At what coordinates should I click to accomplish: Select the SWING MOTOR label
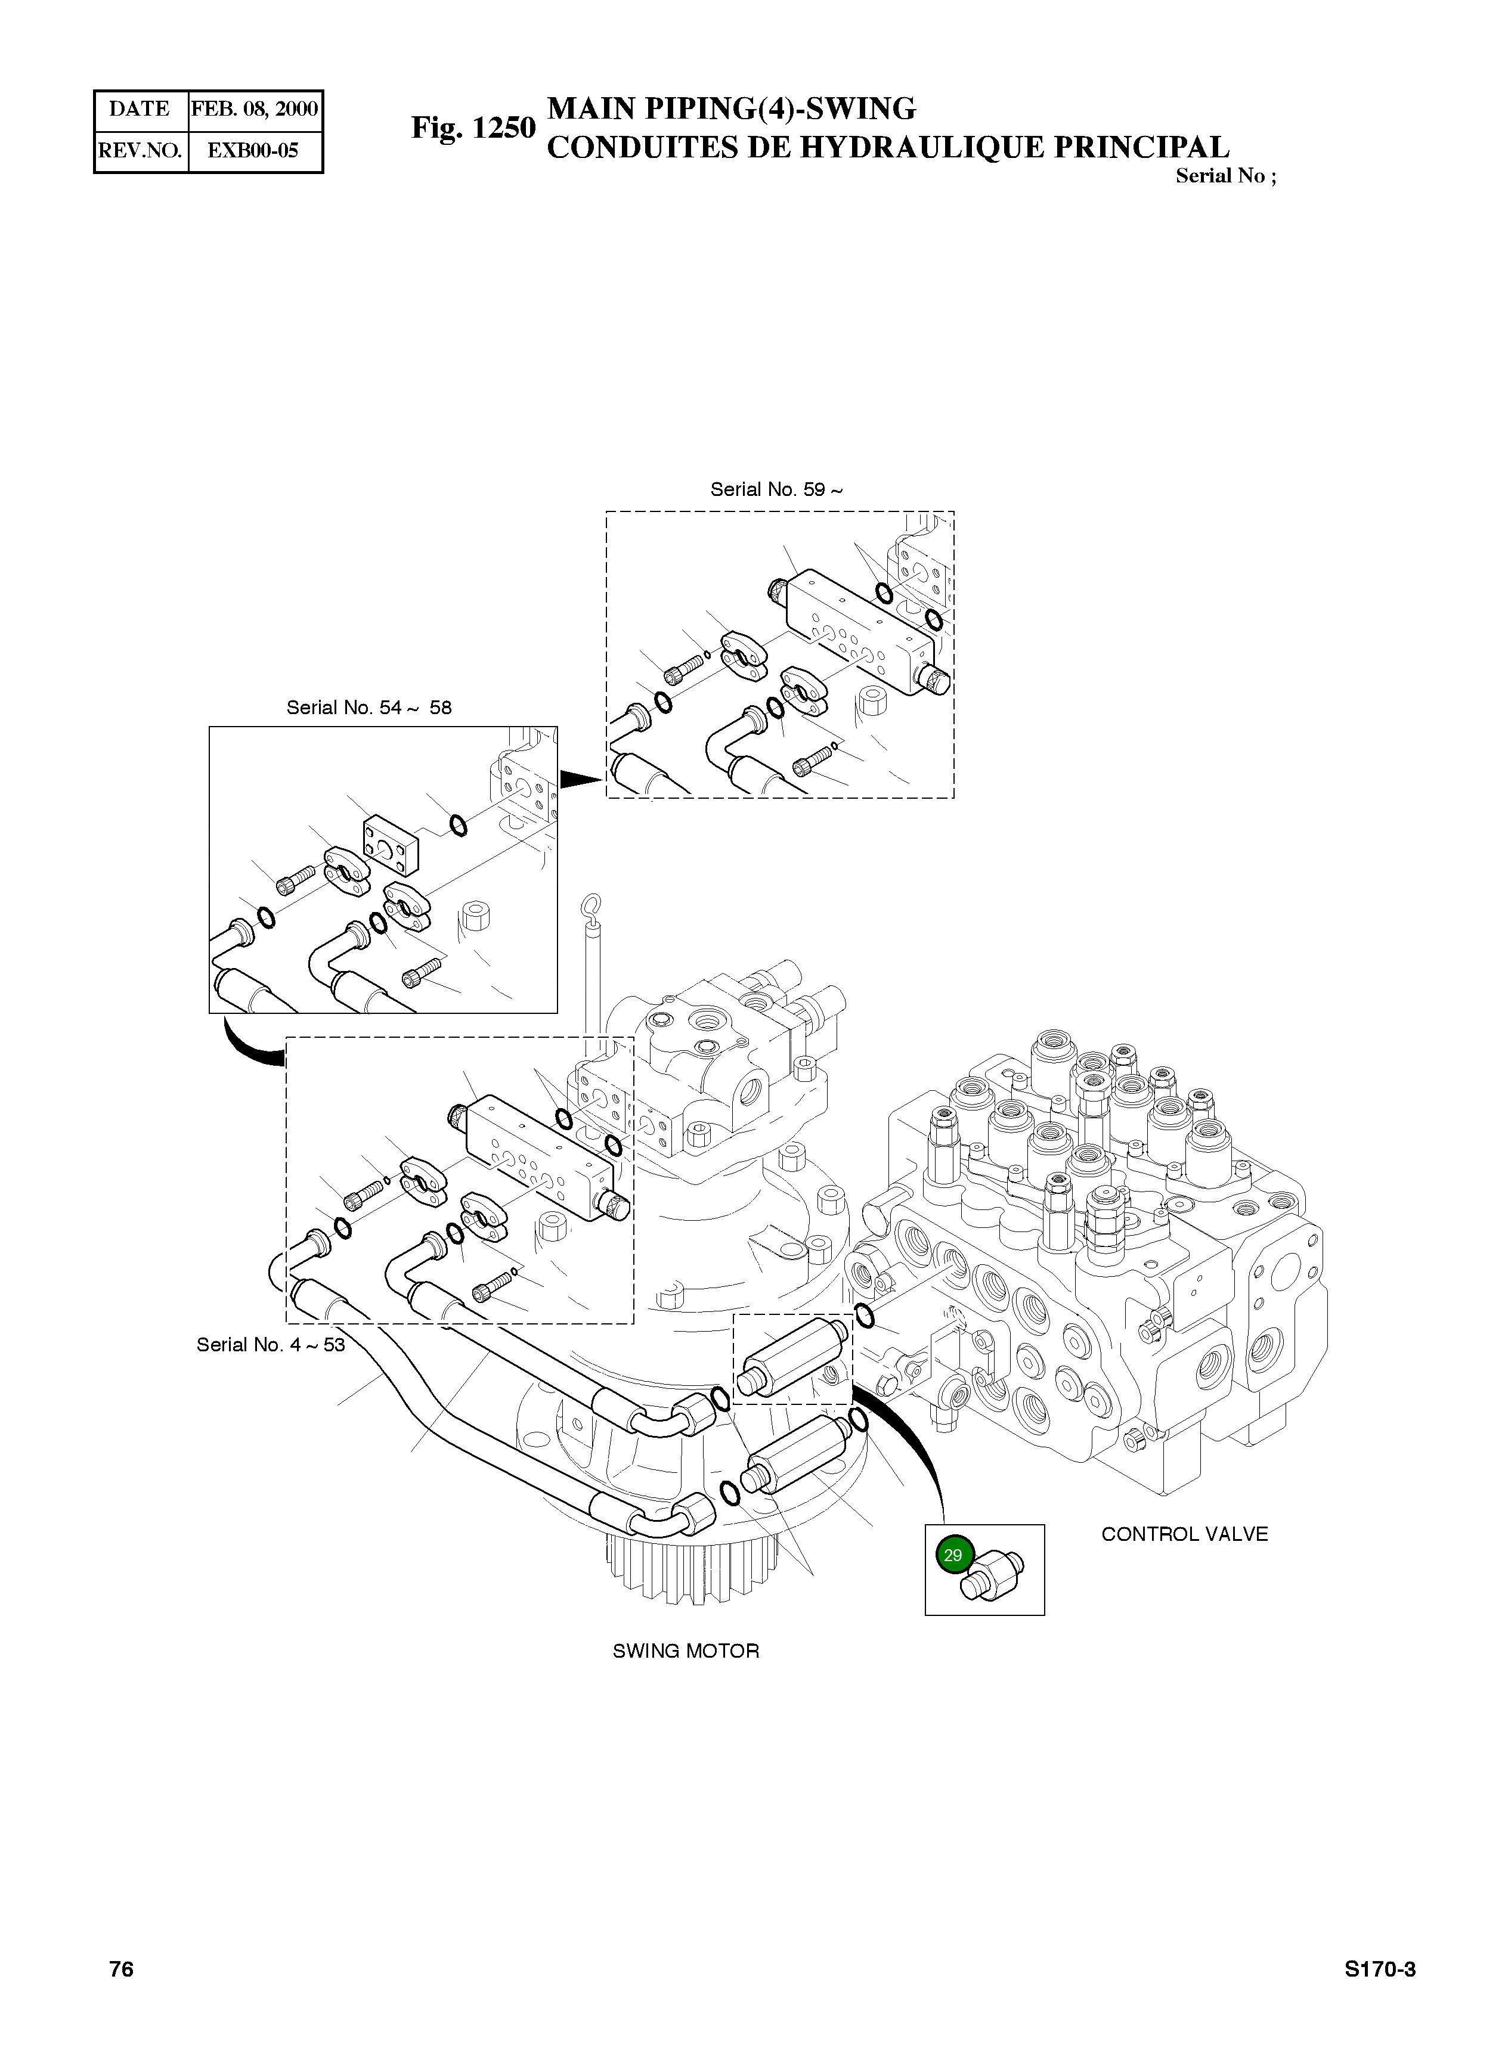click(x=685, y=1651)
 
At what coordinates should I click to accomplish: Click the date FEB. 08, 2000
click(x=254, y=109)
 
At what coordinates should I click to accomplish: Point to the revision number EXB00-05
click(x=253, y=150)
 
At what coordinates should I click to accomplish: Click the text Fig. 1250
click(x=473, y=128)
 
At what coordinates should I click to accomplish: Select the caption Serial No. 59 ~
click(x=776, y=489)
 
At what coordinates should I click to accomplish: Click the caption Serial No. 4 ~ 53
click(x=271, y=1345)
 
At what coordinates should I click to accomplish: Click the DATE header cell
click(x=140, y=109)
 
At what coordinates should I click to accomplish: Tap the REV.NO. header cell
click(x=140, y=150)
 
